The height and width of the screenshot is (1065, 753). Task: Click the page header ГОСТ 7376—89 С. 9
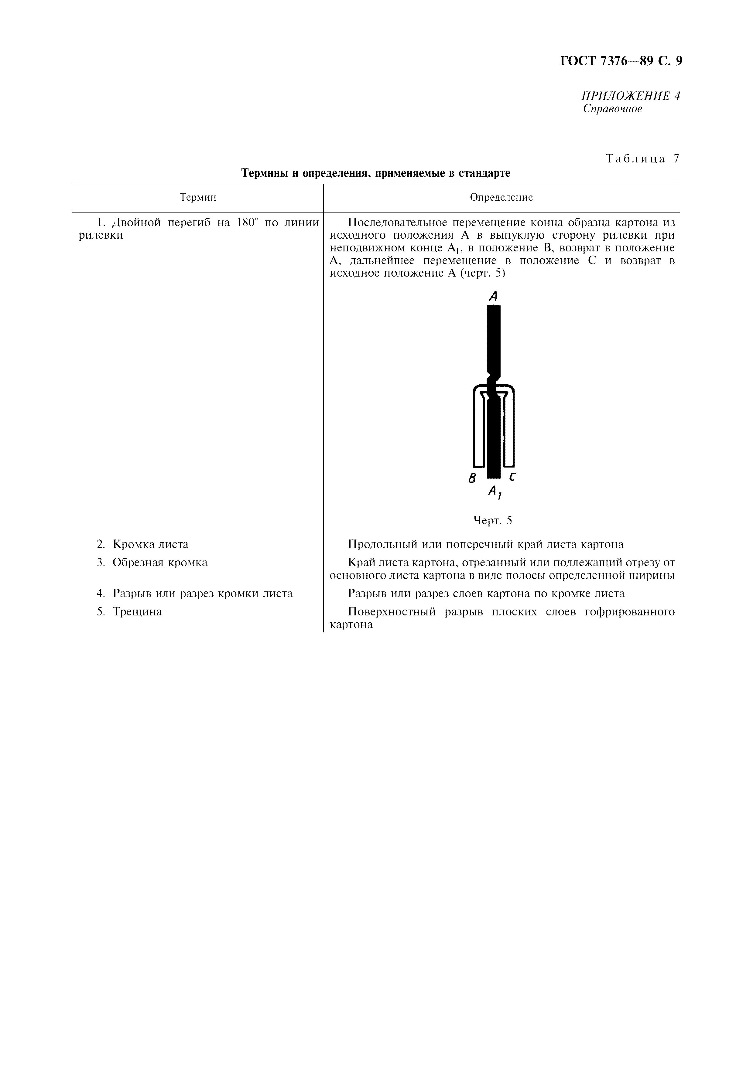(621, 61)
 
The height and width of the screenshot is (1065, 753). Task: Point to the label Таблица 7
(642, 159)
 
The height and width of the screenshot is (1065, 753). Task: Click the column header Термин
(198, 198)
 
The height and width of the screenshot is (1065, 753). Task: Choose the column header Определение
(501, 198)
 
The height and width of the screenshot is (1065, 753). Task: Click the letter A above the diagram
(493, 296)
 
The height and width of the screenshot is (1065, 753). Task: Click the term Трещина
(137, 612)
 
